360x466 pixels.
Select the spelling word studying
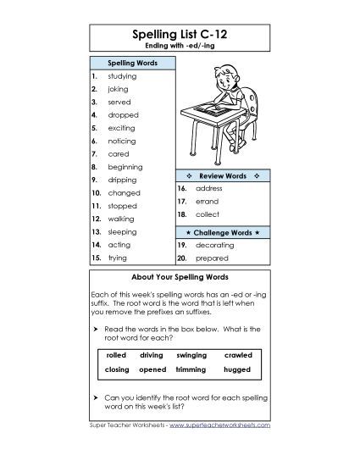[123, 76]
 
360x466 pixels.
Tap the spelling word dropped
[124, 114]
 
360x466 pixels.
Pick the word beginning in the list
[125, 167]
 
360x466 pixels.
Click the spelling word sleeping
[124, 231]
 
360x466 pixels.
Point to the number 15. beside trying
[97, 257]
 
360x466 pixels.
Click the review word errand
[207, 202]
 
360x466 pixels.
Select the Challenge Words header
[222, 231]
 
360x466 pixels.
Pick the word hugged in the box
[238, 370]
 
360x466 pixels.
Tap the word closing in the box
[116, 370]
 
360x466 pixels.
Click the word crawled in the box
[238, 355]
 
